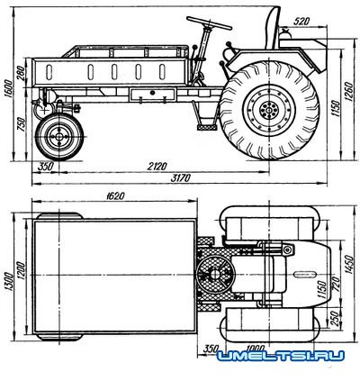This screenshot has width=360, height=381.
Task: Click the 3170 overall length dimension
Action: point(181,178)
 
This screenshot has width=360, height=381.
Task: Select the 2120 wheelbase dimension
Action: point(157,166)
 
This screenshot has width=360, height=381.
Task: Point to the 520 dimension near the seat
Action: point(301,22)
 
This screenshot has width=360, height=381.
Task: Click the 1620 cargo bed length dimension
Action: point(115,196)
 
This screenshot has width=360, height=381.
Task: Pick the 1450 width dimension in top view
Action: point(350,264)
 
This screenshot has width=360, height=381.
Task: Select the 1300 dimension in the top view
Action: point(9,282)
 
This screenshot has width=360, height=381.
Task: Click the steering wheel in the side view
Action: point(209,23)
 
